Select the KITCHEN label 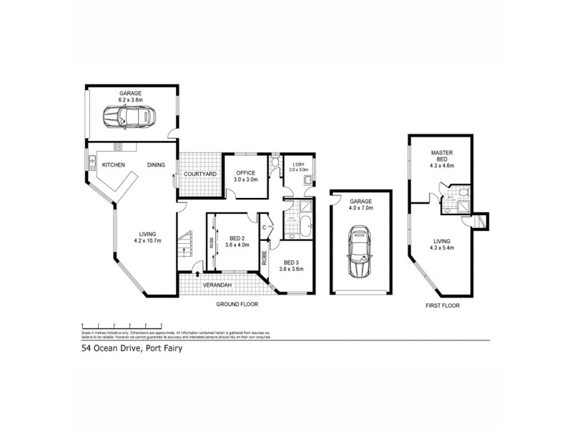pyautogui.click(x=113, y=165)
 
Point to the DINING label pyautogui.click(x=157, y=165)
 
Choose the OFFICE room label pyautogui.click(x=246, y=172)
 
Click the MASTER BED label pyautogui.click(x=443, y=157)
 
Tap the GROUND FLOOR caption pyautogui.click(x=237, y=304)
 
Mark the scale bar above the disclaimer pyautogui.click(x=129, y=323)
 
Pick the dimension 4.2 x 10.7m pyautogui.click(x=147, y=240)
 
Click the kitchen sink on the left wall pyautogui.click(x=93, y=163)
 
